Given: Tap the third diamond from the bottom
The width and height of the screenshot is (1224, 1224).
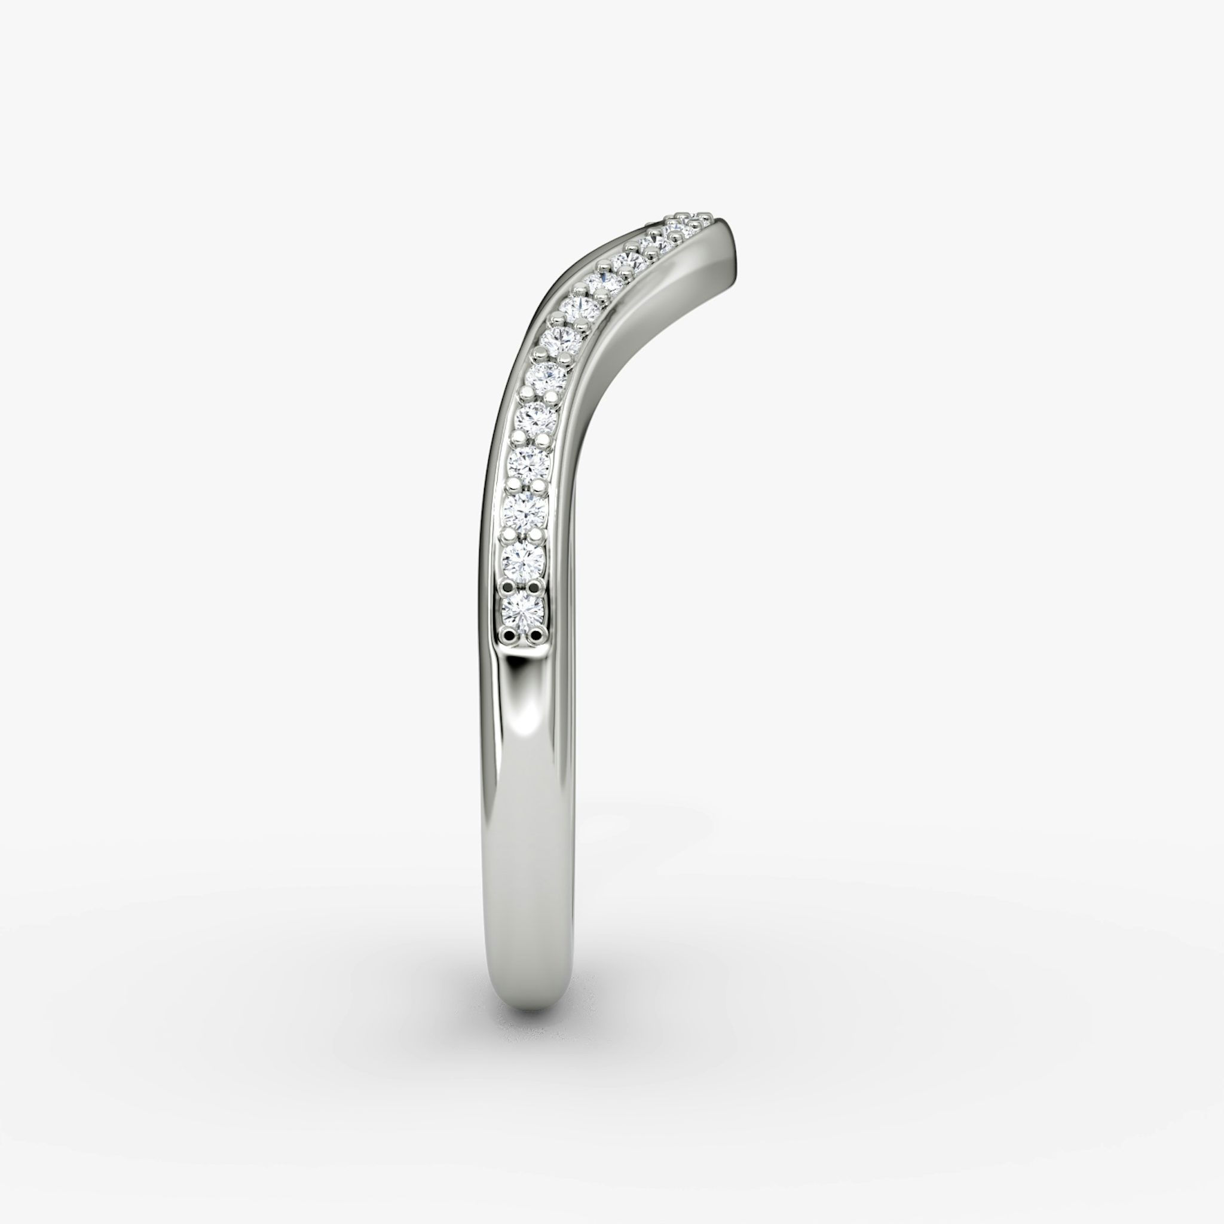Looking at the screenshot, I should point(526,511).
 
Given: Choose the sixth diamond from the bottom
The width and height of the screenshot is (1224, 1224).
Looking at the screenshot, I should point(547,378).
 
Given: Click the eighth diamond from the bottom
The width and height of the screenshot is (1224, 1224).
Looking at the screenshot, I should point(577,308).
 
